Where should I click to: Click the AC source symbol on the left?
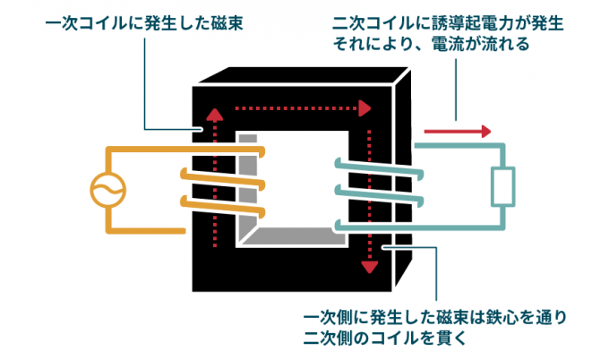point(107,190)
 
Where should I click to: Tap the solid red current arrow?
point(458,132)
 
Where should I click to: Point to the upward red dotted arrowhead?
point(213,115)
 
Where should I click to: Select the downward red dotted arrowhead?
point(366,267)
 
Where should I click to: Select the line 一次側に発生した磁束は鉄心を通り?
point(434,317)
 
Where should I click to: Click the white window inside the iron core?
point(296,179)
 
